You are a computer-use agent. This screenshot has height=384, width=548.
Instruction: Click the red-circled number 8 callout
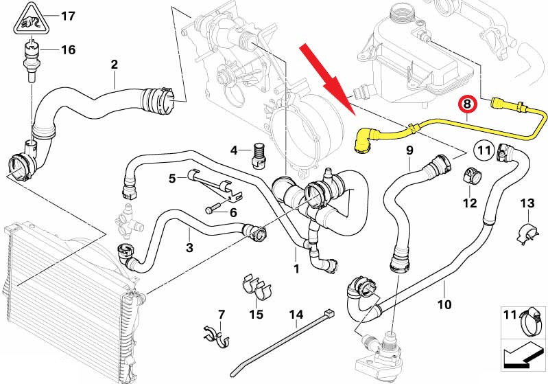click(466, 105)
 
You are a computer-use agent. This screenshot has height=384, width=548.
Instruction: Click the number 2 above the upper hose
click(115, 65)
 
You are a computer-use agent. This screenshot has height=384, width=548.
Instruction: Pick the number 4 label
click(234, 150)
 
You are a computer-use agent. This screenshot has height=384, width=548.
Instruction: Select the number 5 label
click(173, 179)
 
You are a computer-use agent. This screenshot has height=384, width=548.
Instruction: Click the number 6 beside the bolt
click(233, 213)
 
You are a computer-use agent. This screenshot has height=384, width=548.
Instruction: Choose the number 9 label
click(409, 150)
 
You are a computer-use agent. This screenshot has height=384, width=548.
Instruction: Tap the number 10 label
click(444, 304)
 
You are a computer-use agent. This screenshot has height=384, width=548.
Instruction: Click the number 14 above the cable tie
click(296, 316)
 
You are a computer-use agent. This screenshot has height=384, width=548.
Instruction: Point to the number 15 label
click(256, 315)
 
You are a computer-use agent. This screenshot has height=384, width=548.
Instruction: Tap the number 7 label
click(221, 315)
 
